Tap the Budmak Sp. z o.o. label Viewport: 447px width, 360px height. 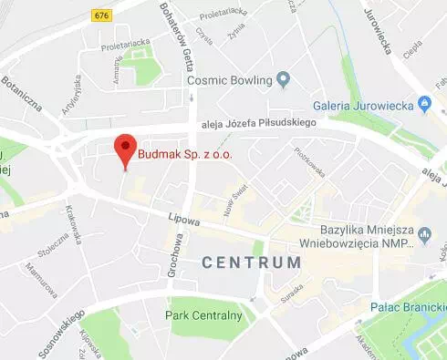(185, 155)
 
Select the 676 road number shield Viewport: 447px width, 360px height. (100, 15)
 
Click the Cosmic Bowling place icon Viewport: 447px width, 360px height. (284, 80)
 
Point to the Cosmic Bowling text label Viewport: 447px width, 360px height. (231, 80)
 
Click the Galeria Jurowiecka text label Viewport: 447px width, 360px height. (363, 105)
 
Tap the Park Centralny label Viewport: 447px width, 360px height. (203, 315)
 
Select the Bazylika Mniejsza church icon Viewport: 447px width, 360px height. (423, 238)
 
